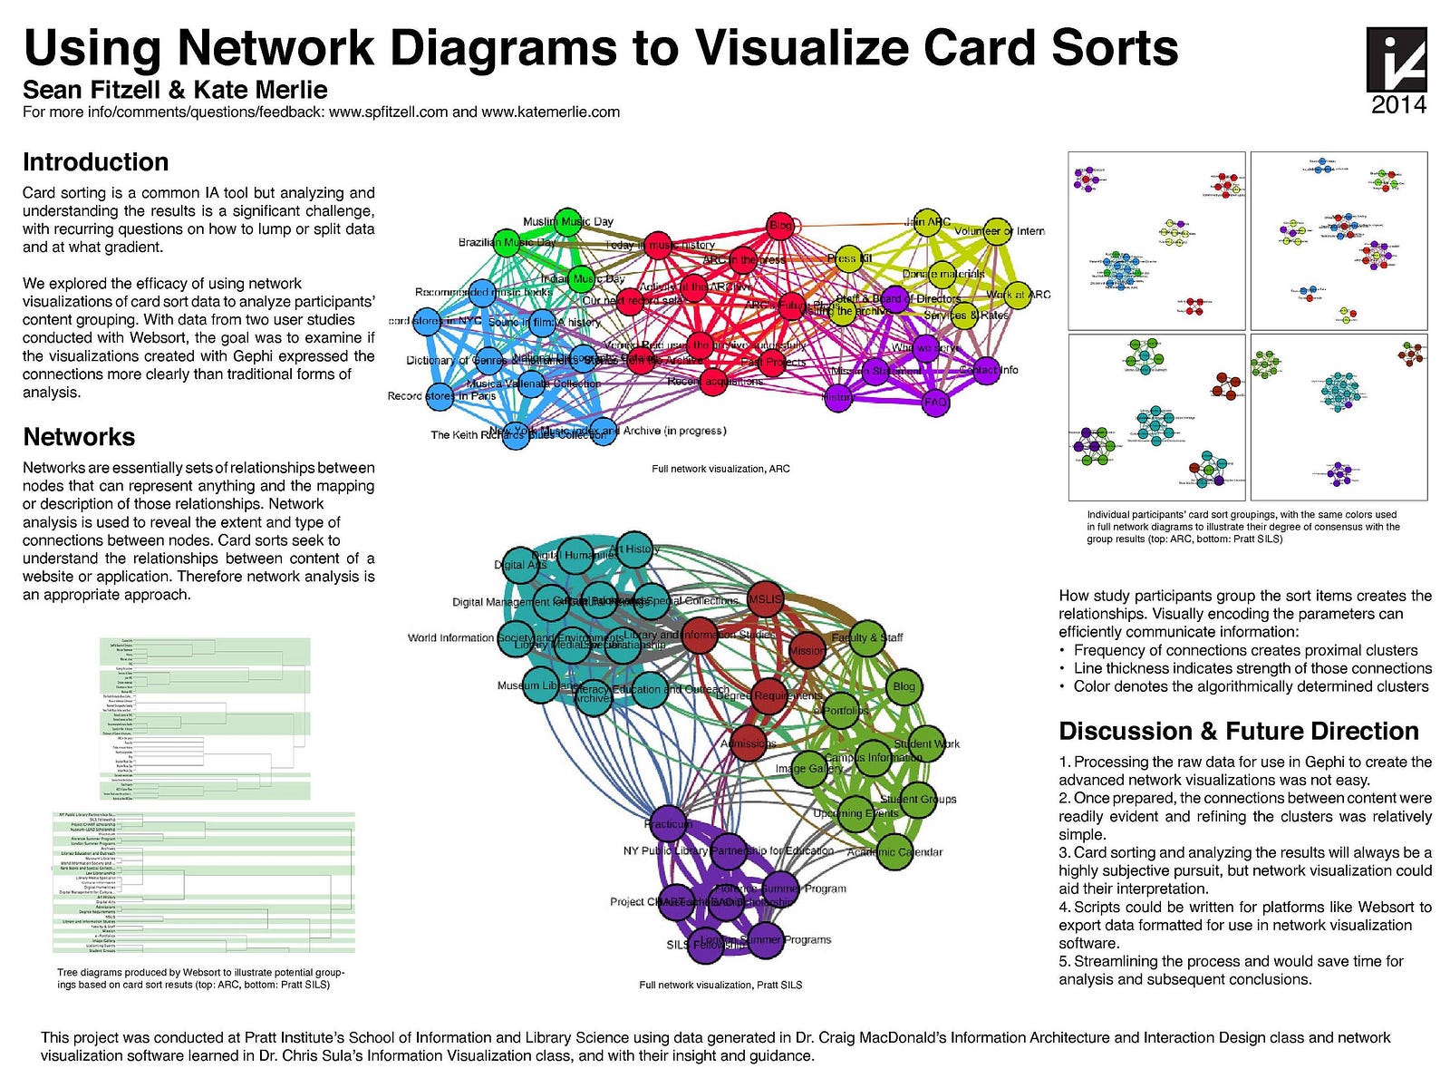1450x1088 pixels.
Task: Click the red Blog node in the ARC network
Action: [780, 226]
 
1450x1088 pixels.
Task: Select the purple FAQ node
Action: [935, 403]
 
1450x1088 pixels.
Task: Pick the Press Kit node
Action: [848, 259]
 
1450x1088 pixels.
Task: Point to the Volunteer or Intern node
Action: [997, 231]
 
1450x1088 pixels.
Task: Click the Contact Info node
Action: [985, 370]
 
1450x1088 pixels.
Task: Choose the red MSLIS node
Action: [766, 599]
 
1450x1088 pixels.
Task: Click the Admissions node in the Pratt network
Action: [749, 743]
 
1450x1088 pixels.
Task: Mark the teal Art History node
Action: [634, 549]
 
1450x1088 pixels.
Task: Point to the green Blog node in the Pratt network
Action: [904, 686]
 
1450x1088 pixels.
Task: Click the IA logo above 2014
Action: [1397, 59]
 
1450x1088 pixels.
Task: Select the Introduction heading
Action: [95, 162]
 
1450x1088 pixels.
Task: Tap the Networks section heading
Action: [79, 437]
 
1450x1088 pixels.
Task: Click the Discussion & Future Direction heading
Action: [1238, 732]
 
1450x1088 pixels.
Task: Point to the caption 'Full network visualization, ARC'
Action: [720, 469]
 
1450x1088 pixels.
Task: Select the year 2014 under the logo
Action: [1398, 105]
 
